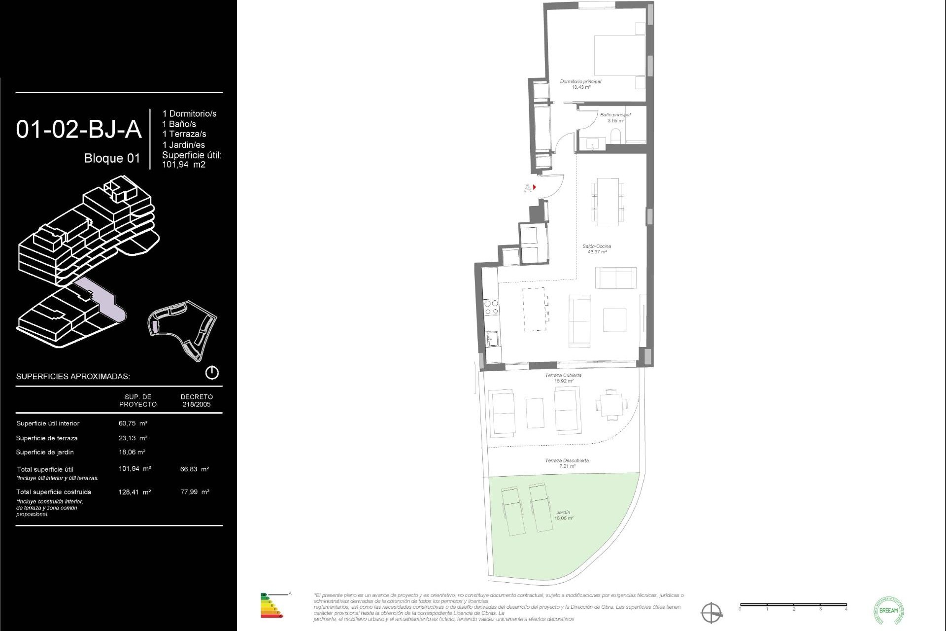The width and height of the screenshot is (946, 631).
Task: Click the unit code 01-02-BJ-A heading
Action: (79, 130)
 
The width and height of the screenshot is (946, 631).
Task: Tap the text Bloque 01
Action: (112, 158)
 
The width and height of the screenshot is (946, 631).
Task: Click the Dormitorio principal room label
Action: (580, 84)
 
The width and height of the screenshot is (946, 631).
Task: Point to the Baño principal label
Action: (615, 117)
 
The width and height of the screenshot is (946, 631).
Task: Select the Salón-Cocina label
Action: (597, 248)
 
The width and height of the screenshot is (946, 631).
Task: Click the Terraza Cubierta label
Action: (563, 378)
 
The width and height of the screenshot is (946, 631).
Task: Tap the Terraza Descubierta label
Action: (567, 463)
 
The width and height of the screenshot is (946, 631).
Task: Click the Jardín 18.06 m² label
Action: (563, 515)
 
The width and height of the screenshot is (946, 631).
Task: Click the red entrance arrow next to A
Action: (535, 187)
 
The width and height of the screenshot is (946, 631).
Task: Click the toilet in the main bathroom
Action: (616, 136)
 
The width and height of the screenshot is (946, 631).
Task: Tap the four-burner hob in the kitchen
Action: (491, 307)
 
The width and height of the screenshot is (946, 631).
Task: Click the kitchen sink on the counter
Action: (492, 339)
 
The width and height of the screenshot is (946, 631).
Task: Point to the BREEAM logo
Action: (888, 610)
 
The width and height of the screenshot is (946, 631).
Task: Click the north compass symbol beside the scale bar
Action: (711, 613)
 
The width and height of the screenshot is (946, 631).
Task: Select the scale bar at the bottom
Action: (793, 605)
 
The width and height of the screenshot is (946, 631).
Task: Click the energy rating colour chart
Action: (271, 606)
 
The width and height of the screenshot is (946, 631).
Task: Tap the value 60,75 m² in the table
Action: (133, 423)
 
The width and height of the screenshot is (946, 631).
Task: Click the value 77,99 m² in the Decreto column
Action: (195, 491)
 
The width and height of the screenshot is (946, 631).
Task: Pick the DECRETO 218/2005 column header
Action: (197, 400)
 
